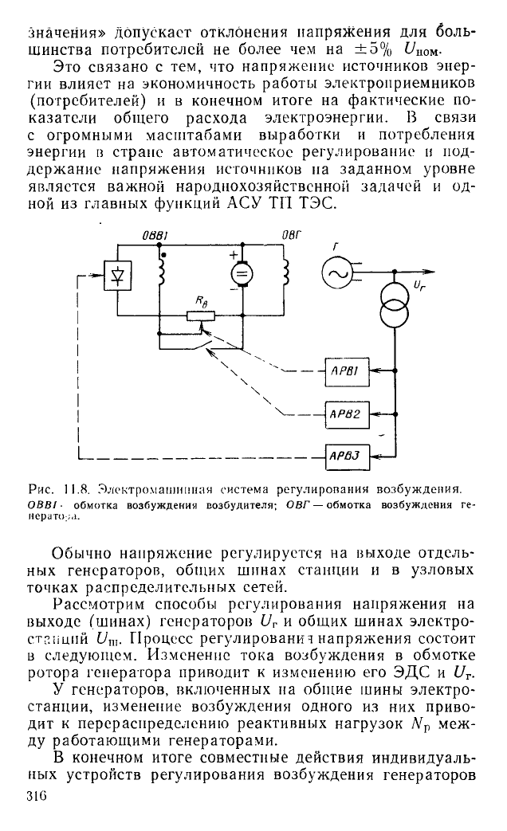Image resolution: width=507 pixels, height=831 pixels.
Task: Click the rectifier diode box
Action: pyautogui.click(x=117, y=275)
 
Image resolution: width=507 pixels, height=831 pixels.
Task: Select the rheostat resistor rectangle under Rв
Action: pyautogui.click(x=200, y=316)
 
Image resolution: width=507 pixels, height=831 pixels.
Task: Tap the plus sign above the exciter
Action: pyautogui.click(x=233, y=254)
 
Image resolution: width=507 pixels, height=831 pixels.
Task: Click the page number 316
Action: pyautogui.click(x=37, y=796)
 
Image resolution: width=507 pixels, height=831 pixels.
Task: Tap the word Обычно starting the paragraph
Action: pyautogui.click(x=81, y=554)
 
